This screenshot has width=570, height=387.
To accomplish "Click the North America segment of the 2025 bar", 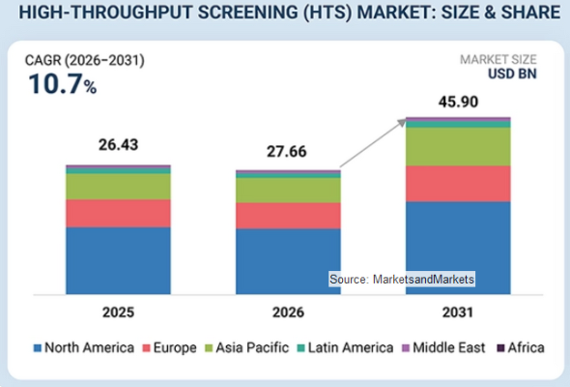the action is [118, 260].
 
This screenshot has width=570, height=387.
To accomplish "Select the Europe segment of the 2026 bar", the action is [288, 216].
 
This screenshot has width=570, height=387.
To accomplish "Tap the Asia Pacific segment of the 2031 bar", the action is [458, 147].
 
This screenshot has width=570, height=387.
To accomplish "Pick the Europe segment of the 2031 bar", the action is [458, 184].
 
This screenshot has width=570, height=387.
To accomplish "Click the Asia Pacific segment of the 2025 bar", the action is [118, 187].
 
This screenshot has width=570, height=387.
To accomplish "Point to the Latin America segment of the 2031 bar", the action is [458, 124].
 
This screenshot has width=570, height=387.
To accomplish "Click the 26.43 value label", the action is [119, 145].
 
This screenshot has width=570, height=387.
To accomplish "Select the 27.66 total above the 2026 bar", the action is [287, 152].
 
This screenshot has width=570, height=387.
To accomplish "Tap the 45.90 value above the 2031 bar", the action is [458, 102].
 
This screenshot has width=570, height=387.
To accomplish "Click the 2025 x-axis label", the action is [118, 313].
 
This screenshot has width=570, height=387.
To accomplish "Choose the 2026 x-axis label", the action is [288, 313].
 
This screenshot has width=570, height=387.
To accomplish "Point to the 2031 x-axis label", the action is [458, 313].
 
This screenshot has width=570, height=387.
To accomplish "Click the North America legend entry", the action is [84, 347].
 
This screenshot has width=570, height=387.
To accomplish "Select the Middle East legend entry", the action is [443, 347].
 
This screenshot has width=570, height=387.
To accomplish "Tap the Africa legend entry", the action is [521, 347].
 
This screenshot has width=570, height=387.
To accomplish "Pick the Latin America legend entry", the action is [345, 347].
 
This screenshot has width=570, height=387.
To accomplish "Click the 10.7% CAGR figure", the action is [63, 84].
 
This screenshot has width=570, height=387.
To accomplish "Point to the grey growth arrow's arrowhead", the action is [402, 122].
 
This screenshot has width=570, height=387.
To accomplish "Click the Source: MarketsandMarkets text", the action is [402, 280].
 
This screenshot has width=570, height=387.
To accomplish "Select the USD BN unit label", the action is [512, 74].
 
